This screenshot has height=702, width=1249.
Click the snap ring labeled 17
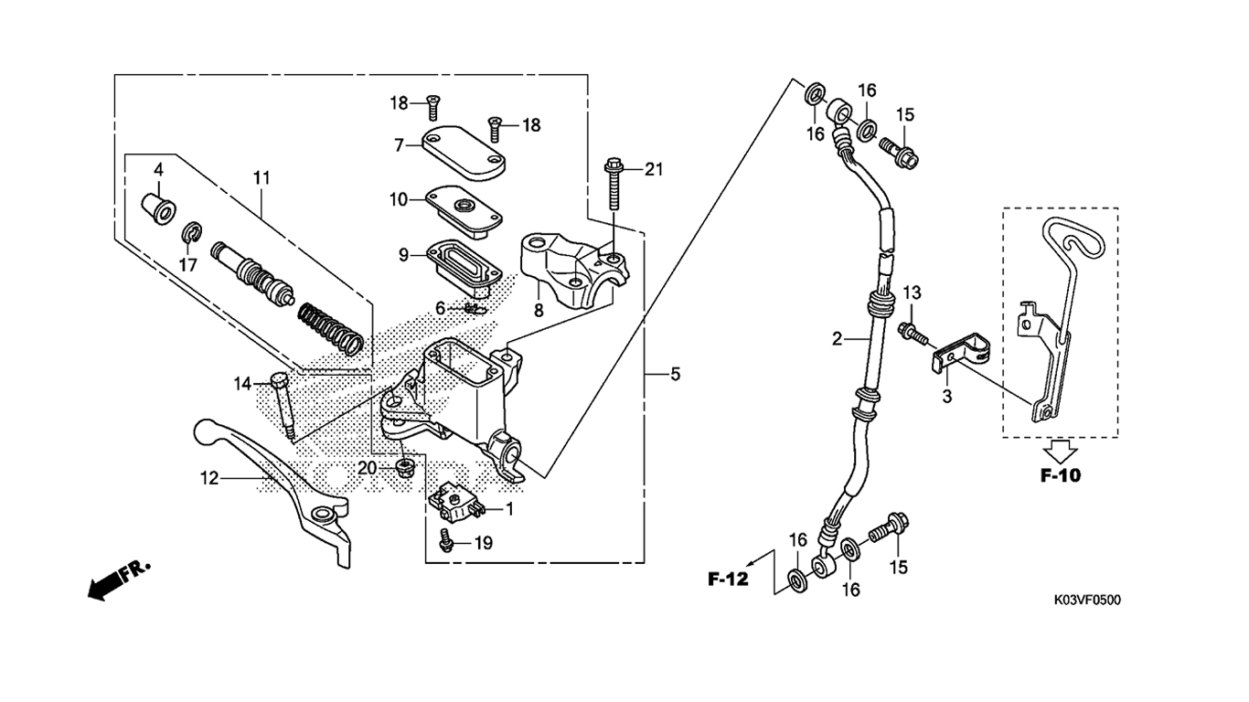coord(192,234)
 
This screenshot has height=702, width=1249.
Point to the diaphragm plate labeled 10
coord(464,213)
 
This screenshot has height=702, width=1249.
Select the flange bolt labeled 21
coord(613,184)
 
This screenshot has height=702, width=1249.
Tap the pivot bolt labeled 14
coord(283,409)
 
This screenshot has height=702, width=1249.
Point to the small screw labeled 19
coord(446,539)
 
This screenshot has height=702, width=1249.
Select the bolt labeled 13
coord(913,333)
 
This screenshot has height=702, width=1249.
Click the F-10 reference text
coord(1061,475)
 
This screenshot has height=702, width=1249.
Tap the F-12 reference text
coord(728,579)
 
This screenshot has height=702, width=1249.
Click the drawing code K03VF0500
coord(1087,600)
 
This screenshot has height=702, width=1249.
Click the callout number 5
coord(675,374)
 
